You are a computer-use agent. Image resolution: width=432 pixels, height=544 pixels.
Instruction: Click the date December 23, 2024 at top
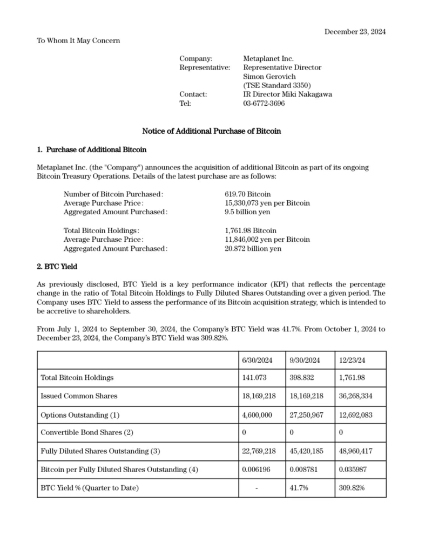(x=355, y=32)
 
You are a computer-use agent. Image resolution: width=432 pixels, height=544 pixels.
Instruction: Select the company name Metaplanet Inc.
(x=268, y=58)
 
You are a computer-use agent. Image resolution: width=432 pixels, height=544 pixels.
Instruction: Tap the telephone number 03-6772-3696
(x=264, y=103)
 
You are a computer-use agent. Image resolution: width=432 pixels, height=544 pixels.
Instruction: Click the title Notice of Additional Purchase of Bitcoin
(x=211, y=131)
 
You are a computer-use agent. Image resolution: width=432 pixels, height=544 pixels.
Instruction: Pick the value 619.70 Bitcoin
(x=247, y=194)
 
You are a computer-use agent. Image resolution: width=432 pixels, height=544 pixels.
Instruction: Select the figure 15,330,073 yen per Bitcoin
(x=267, y=203)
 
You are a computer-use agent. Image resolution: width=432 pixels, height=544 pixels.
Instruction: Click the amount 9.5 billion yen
(x=248, y=212)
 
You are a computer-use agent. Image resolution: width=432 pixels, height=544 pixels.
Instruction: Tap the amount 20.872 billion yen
(x=253, y=249)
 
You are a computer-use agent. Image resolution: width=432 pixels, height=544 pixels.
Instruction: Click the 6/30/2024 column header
(x=258, y=359)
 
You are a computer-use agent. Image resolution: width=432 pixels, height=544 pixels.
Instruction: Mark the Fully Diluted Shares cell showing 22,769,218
(x=259, y=451)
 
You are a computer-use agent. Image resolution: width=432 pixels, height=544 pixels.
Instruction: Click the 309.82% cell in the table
(x=352, y=488)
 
